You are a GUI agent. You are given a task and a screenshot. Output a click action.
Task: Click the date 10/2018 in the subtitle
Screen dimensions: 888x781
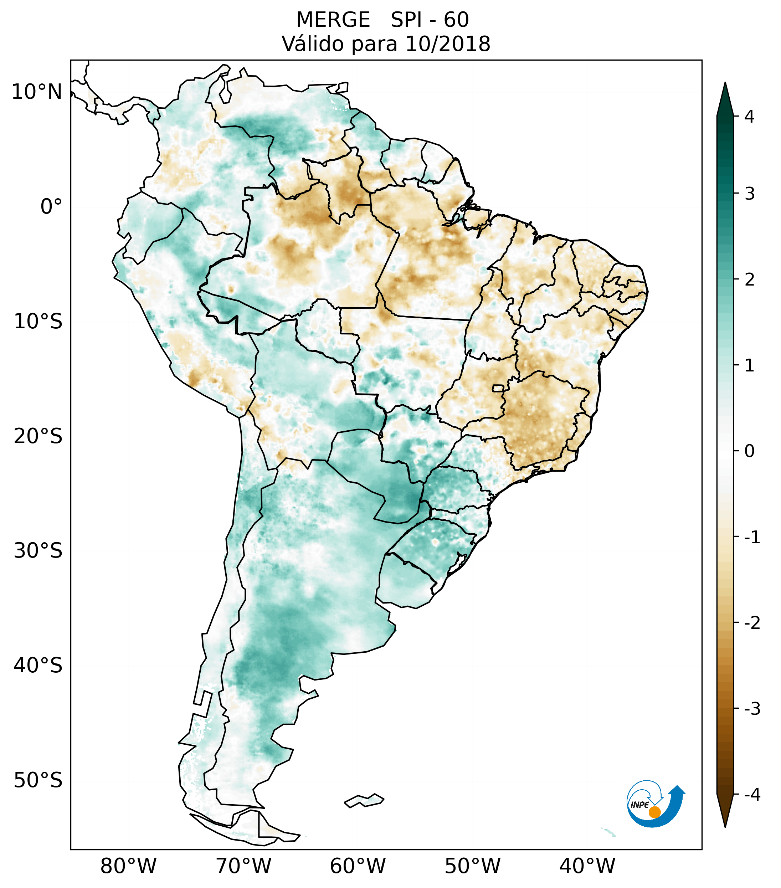[x=448, y=44]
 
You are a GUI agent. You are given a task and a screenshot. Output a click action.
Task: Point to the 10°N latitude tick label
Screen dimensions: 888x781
[x=36, y=92]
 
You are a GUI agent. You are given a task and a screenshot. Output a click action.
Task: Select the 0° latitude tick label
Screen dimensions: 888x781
[x=51, y=207]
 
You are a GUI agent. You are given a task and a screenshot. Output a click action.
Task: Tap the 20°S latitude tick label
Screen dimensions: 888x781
[x=38, y=436]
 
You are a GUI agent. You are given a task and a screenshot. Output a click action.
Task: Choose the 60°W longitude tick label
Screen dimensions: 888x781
[x=358, y=866]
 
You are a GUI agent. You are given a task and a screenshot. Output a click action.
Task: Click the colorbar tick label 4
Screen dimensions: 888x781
[x=749, y=117]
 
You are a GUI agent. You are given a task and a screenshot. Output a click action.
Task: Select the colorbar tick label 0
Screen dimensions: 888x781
[x=749, y=451]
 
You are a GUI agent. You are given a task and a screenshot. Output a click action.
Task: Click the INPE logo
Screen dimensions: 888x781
[x=654, y=803]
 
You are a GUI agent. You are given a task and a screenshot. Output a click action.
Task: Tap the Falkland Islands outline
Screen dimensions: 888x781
[x=364, y=800]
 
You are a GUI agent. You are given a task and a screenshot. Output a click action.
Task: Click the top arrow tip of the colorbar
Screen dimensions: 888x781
[x=725, y=84]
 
